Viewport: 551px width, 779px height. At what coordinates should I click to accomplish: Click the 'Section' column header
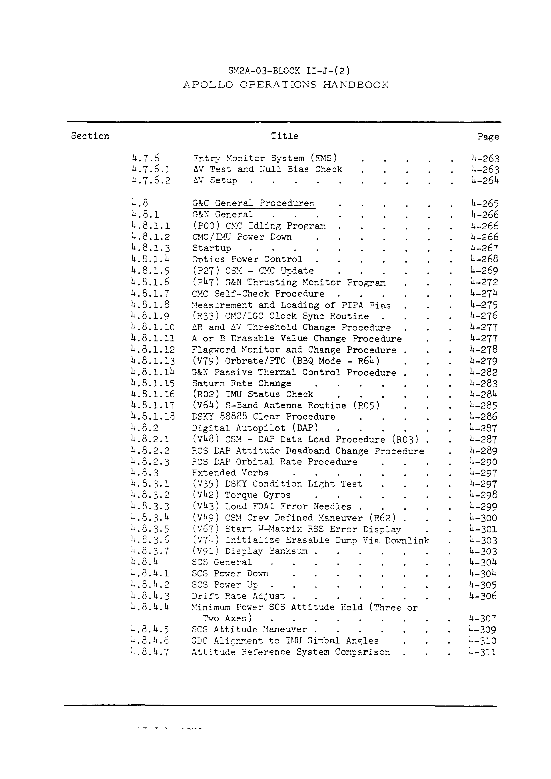coord(90,136)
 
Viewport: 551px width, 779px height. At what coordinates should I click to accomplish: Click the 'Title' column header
coord(284,136)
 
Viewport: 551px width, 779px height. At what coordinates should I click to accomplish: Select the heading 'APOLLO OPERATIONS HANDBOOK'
coord(286,85)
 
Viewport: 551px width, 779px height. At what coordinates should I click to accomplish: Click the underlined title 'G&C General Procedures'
coord(254,203)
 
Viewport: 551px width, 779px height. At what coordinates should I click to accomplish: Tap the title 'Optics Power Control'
coord(247,259)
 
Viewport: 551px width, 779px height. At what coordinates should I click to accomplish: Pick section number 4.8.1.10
coord(153,327)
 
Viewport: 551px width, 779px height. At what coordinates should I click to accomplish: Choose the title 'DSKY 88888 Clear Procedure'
coord(263,417)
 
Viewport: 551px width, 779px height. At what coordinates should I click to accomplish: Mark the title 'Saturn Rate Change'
coord(241,383)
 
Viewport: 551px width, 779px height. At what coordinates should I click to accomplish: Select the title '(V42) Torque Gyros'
coord(241,495)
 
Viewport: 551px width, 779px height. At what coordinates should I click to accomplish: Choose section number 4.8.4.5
coord(150,630)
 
